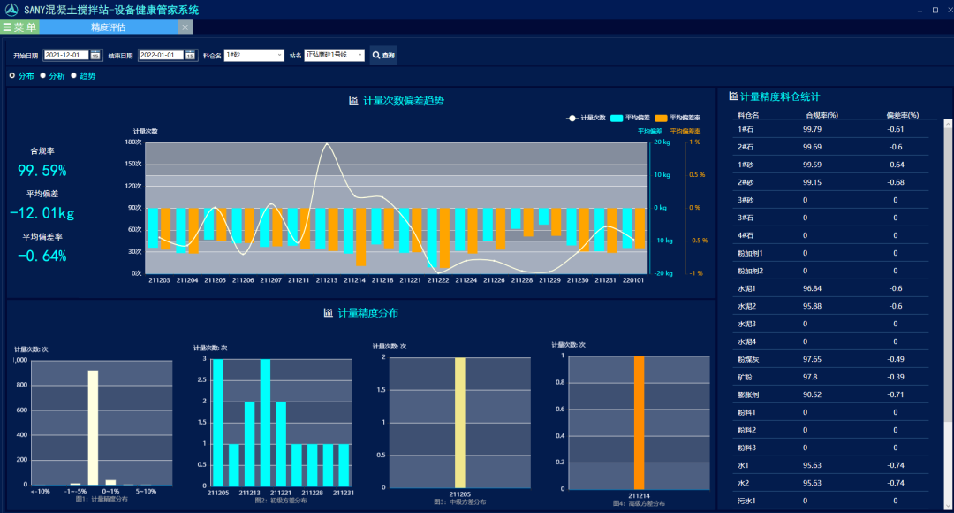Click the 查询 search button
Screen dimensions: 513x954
pos(383,55)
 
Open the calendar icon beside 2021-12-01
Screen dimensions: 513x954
pos(95,55)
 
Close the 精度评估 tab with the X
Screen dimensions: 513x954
pos(184,27)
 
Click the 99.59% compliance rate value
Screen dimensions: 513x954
pos(42,171)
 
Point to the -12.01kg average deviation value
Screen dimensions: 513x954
pos(42,213)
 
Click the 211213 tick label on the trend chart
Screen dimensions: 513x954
pos(327,280)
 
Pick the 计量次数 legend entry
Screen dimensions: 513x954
pos(587,118)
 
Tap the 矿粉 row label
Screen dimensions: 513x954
pos(746,377)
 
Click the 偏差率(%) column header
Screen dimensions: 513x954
pos(902,115)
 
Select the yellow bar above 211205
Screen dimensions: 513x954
pos(459,421)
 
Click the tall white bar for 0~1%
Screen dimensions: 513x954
pos(93,427)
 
